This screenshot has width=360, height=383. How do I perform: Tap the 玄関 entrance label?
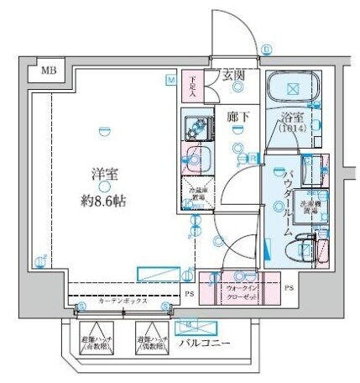point(232,76)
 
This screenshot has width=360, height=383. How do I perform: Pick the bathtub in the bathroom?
point(294,89)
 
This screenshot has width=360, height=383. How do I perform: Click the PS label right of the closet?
point(288,288)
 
